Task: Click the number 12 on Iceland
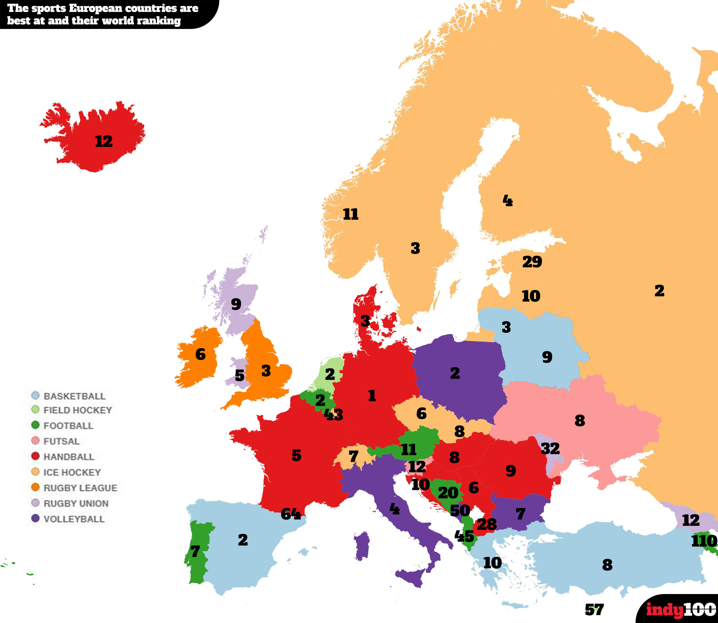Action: click(x=104, y=142)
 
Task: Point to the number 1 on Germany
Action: click(x=372, y=396)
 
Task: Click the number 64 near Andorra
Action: click(x=291, y=514)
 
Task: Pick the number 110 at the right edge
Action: click(x=704, y=541)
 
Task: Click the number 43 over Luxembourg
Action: click(x=334, y=415)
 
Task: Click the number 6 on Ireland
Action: click(x=200, y=354)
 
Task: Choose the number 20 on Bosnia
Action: click(x=448, y=493)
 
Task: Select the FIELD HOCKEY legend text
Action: click(x=77, y=410)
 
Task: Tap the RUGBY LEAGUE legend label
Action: click(x=80, y=488)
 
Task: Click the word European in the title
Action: click(x=96, y=8)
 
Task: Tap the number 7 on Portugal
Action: click(x=195, y=551)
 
